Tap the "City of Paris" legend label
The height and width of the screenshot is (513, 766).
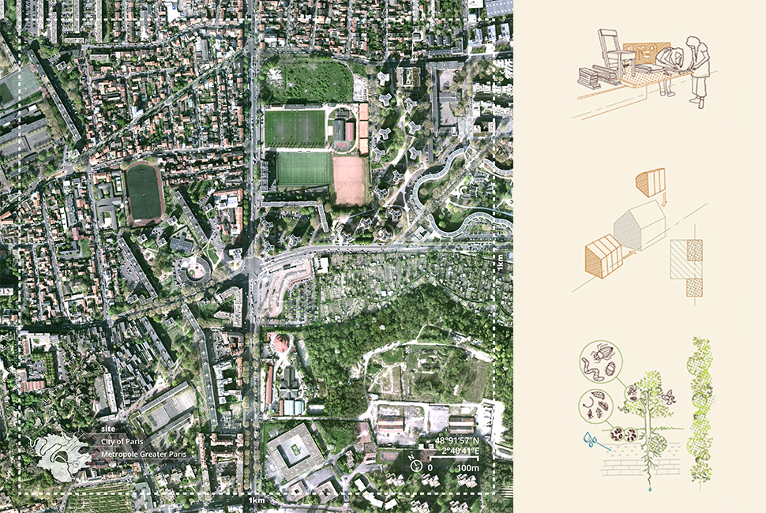click(x=118, y=442)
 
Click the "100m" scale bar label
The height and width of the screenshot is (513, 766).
click(x=469, y=468)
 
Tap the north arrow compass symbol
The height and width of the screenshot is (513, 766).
click(x=416, y=466)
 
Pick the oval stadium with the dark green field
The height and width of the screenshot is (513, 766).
click(x=145, y=193)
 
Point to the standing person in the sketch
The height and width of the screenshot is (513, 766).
click(x=698, y=68)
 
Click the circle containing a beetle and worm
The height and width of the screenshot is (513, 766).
click(x=600, y=363)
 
